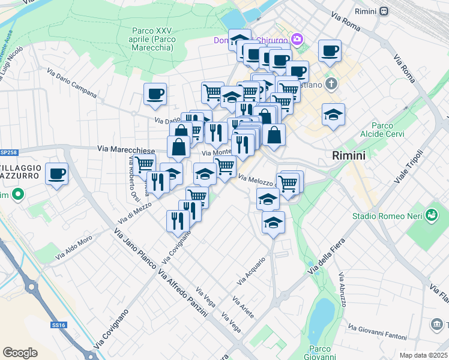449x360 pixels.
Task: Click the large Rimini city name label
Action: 348,155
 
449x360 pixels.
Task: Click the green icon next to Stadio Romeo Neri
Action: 431,214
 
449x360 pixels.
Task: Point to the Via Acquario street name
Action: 251,271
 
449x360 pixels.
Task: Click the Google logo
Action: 20,352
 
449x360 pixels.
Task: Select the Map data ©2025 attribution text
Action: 423,355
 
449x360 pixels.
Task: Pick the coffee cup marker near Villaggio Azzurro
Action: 57,174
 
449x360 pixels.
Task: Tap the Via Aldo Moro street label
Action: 74,248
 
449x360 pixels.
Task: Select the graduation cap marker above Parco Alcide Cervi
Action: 333,113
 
